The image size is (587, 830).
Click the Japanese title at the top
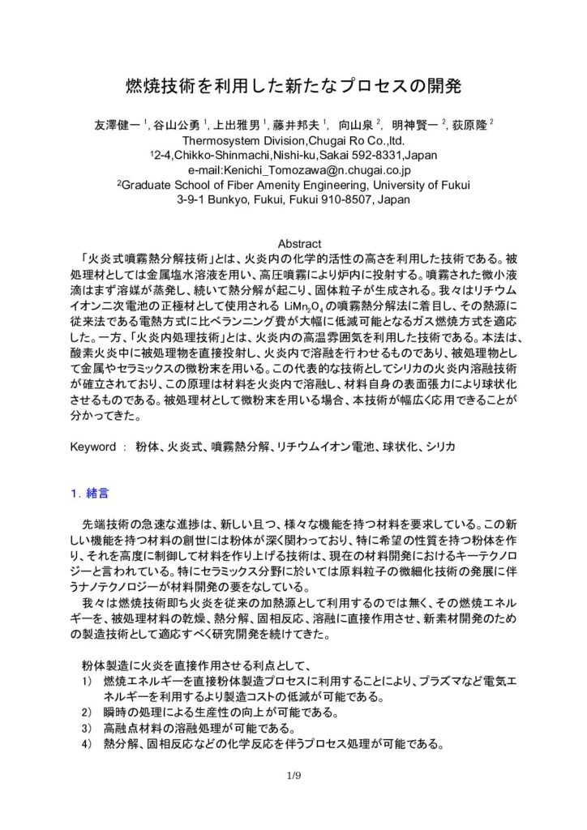tap(293, 85)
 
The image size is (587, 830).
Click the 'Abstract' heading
tap(301, 243)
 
